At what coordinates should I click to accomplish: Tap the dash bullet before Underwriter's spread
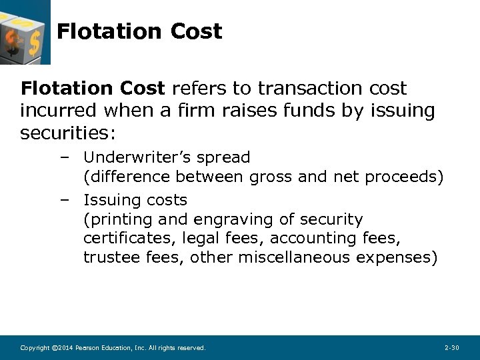(64, 158)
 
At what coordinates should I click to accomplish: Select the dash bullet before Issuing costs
(64, 200)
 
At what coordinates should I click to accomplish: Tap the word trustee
(111, 257)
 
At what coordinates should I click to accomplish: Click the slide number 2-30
(451, 348)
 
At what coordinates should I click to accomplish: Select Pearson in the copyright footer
(89, 348)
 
